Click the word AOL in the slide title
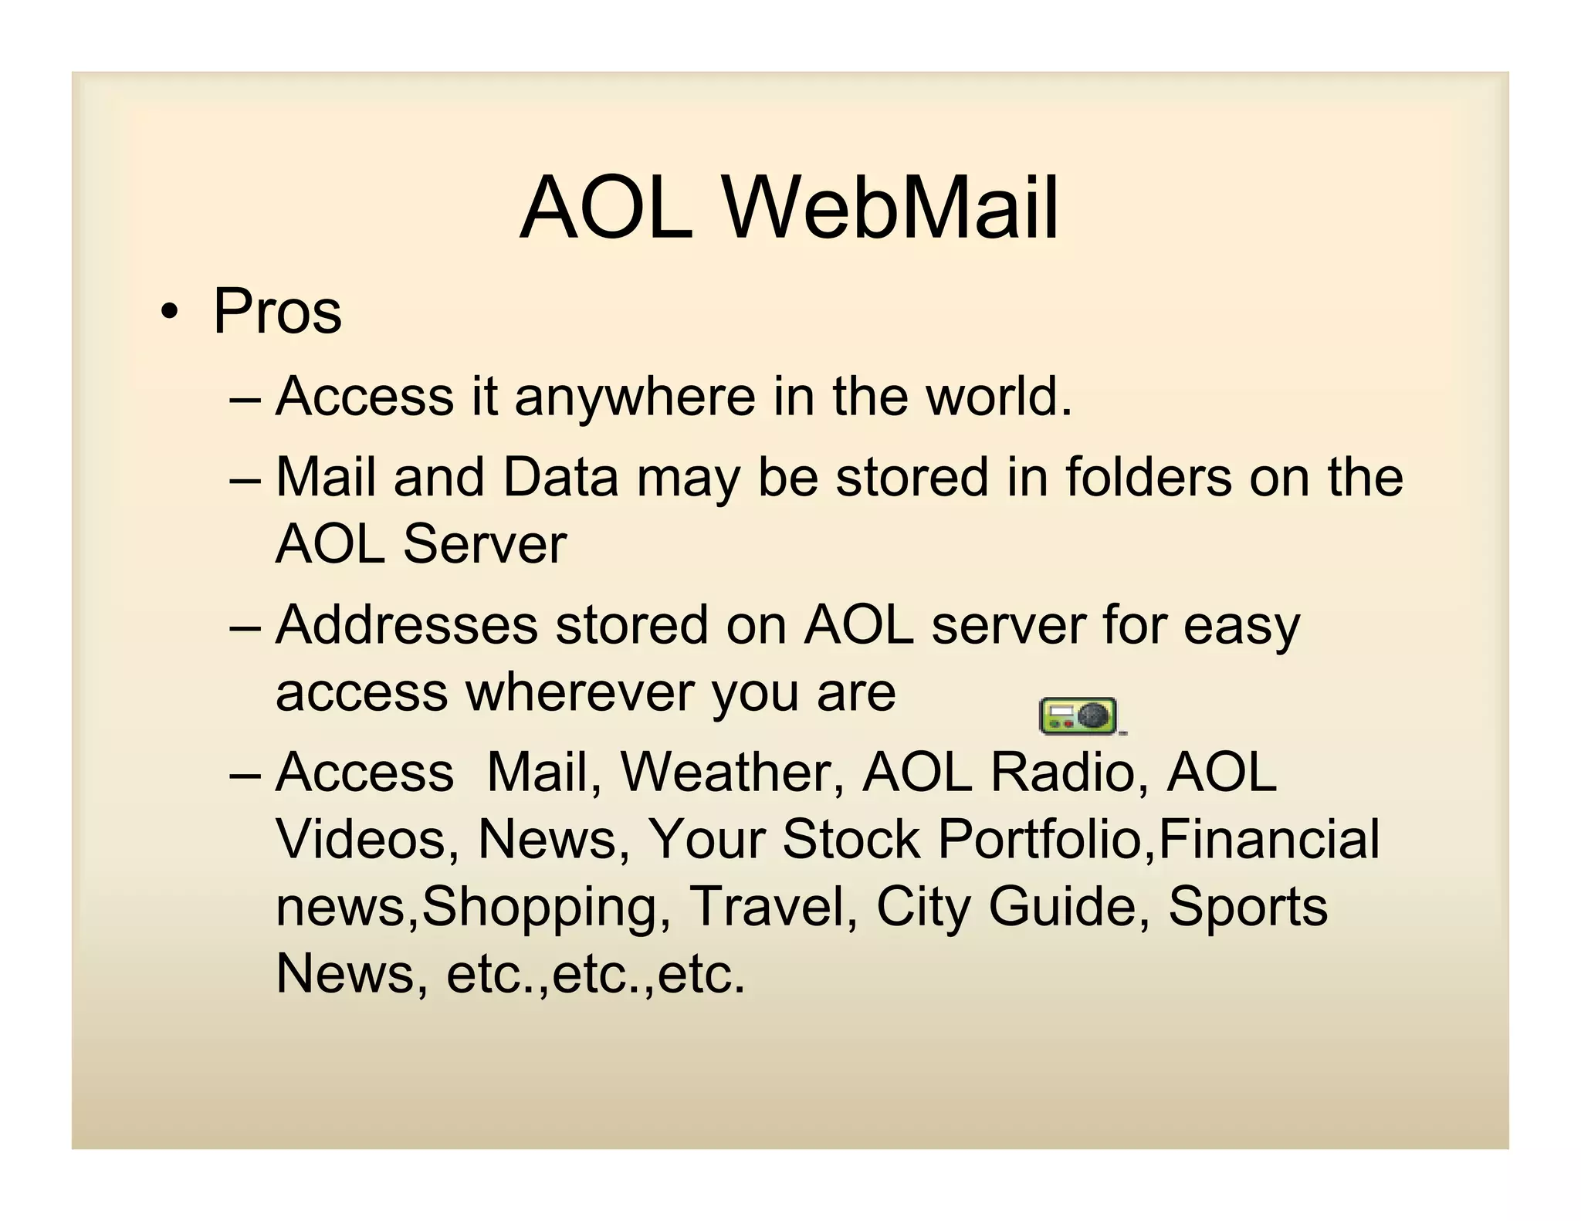point(606,208)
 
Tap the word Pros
point(277,311)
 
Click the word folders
point(1149,477)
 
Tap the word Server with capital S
point(485,544)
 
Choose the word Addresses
point(407,624)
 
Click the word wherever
point(580,692)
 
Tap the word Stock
point(851,839)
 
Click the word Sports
point(1248,906)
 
